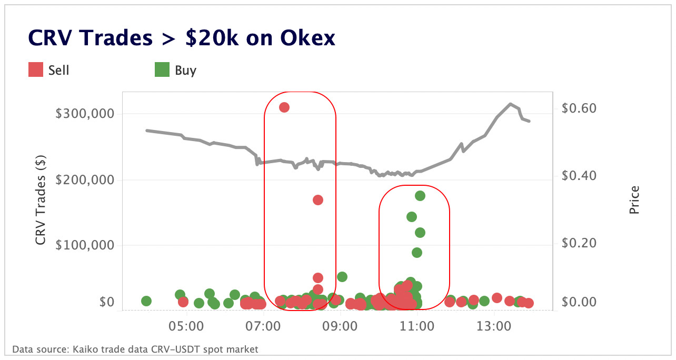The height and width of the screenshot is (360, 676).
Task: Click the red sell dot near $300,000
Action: [x=284, y=107]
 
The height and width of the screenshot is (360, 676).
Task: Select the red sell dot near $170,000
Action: [x=317, y=200]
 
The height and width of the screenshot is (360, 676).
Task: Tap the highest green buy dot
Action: [x=420, y=196]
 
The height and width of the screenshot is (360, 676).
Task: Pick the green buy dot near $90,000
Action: [x=416, y=253]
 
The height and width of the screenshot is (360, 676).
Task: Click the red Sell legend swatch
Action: [x=36, y=69]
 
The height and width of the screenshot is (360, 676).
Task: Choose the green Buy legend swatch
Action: [x=162, y=69]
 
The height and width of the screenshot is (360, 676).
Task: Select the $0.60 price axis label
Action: [x=579, y=108]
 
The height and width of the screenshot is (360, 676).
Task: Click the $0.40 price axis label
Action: [x=579, y=175]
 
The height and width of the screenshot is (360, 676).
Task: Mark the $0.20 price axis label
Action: [x=579, y=243]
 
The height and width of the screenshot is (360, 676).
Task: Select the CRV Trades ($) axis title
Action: [x=41, y=201]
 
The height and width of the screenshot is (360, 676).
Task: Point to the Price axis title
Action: [x=634, y=200]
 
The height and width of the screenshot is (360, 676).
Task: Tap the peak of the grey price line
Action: [x=510, y=104]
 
